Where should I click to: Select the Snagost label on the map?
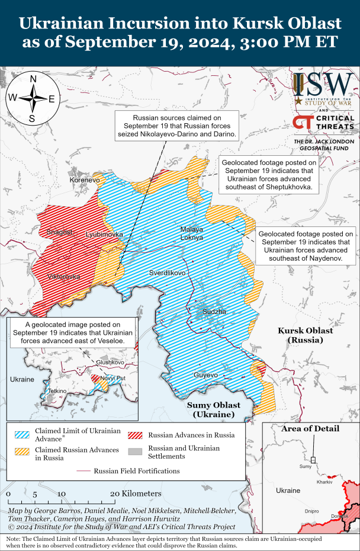coord(59,232)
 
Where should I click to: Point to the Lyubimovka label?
coord(104,235)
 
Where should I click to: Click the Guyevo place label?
coord(206,376)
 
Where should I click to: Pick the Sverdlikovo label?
coord(168,273)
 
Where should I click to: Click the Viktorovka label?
coord(63,277)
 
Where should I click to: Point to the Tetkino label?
coord(57,391)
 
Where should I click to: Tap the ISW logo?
coord(323,88)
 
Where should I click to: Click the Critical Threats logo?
coord(323,123)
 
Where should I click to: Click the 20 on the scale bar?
coord(115,494)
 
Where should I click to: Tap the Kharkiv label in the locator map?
coord(324,482)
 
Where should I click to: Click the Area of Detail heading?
coord(310,428)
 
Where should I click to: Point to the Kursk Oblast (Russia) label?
coord(305,335)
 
